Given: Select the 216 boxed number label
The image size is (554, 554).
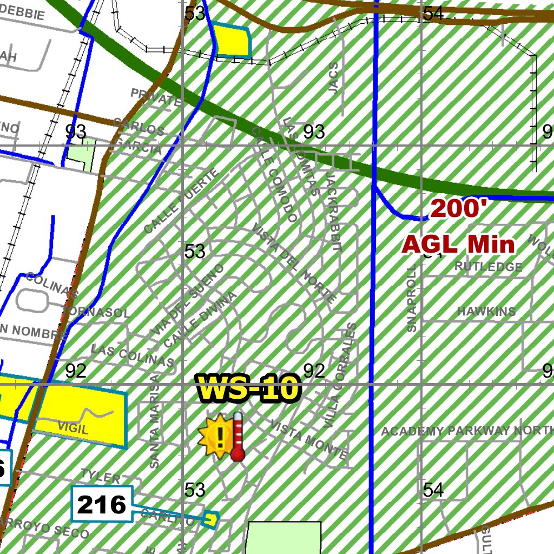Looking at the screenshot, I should coord(102,505).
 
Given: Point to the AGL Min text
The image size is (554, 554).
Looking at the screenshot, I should coord(458,245).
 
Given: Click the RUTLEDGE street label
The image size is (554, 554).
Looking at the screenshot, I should coord(489,267).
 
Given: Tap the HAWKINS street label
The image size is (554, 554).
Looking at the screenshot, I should coord(486,312).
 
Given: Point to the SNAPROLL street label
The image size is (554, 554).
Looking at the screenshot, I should coord(413,298).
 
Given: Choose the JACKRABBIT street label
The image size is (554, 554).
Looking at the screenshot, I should coord(333,211).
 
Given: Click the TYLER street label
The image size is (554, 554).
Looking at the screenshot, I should coord(101,477).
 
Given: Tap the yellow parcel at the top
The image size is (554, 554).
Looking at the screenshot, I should coord(233,40).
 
